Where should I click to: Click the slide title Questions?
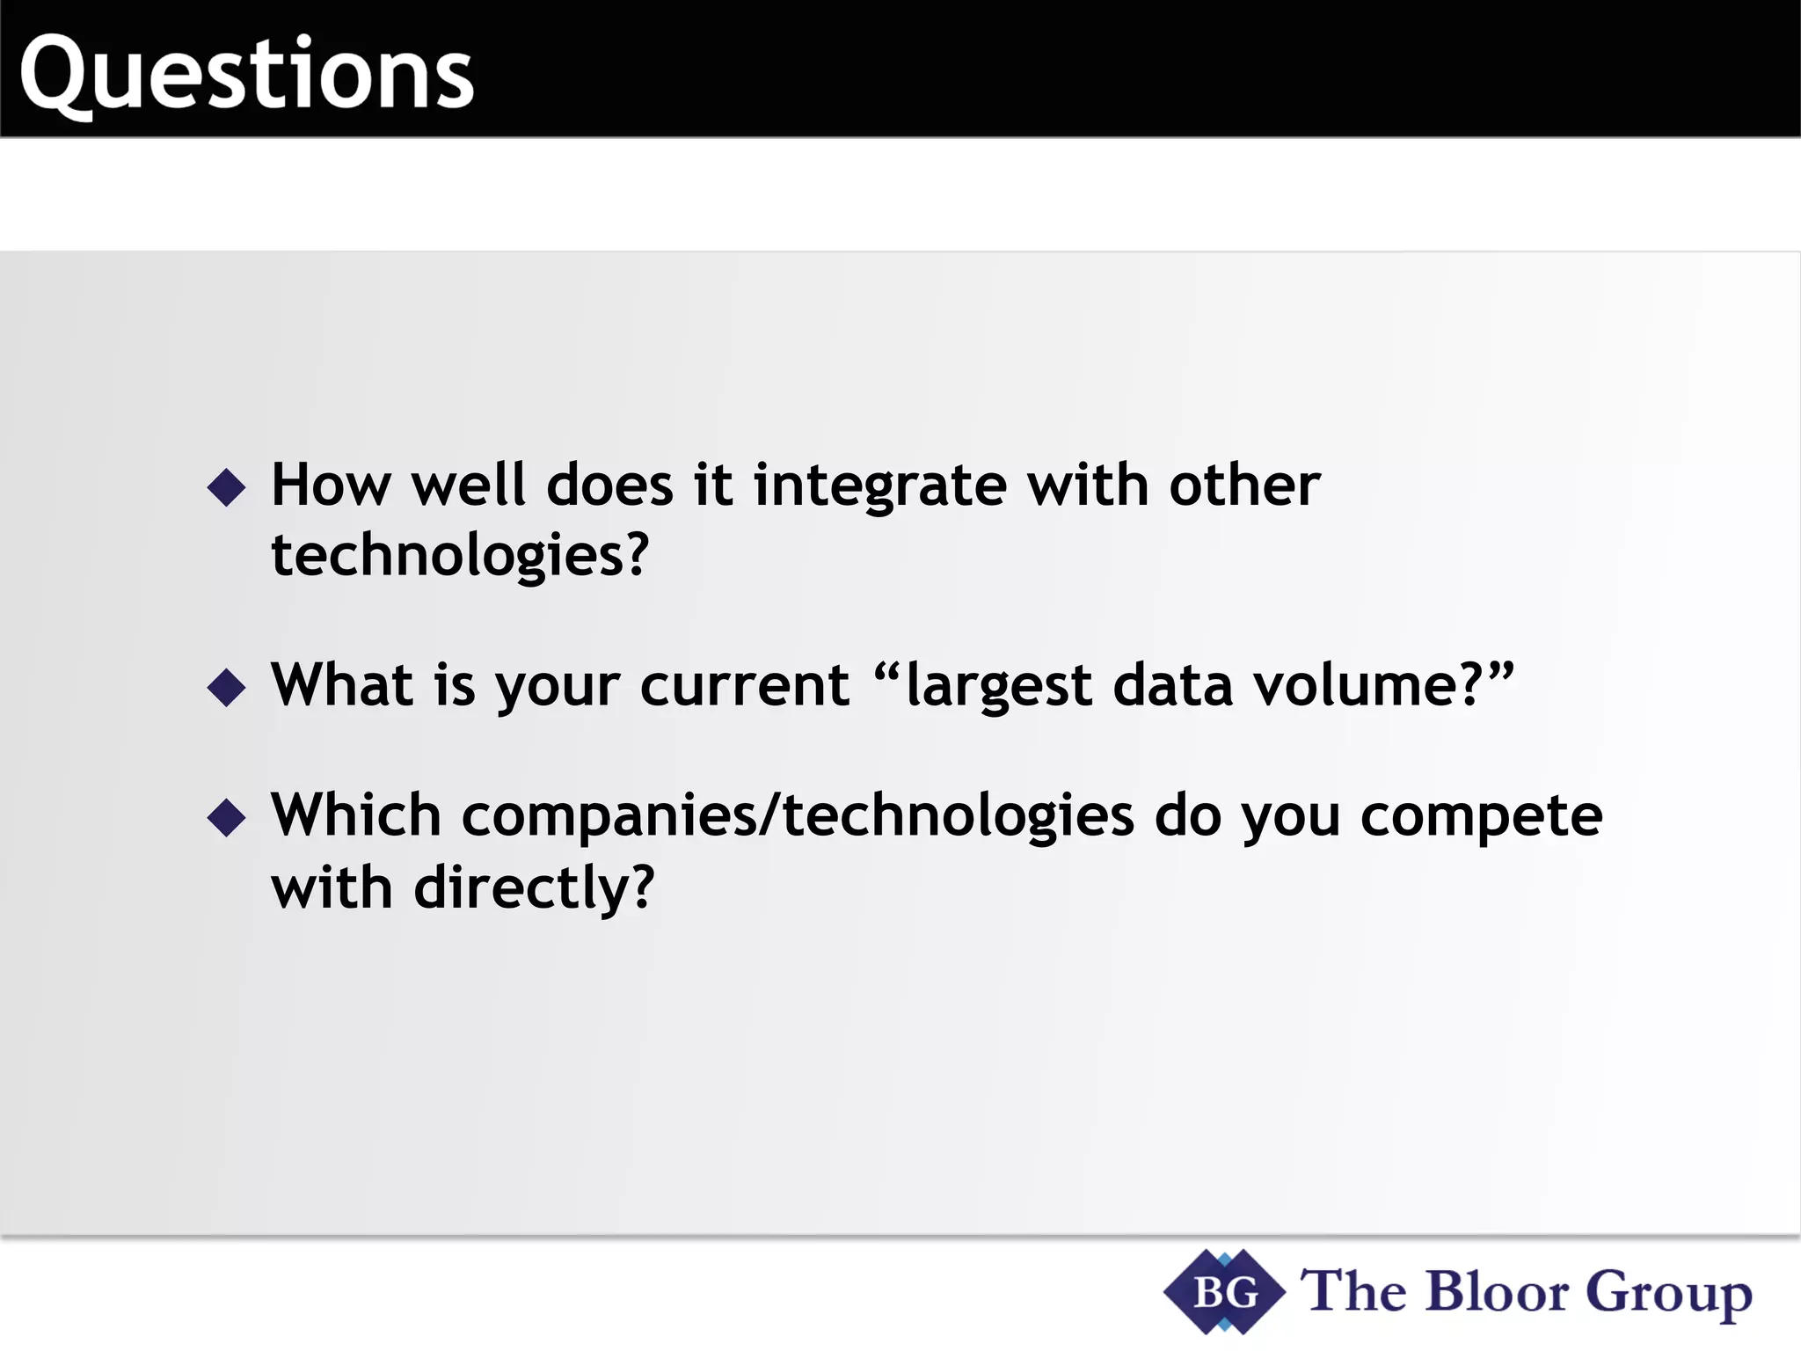coord(246,75)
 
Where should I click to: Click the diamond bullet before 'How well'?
coord(227,486)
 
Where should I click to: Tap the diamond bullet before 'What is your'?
coord(227,687)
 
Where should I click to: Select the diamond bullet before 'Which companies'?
coord(227,817)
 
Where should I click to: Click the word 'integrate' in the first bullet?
coord(879,486)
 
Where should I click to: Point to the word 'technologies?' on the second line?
coord(459,557)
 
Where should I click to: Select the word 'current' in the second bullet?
coord(744,687)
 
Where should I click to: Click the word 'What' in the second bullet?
coord(342,685)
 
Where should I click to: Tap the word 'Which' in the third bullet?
coord(355,815)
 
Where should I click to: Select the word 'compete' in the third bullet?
coord(1481,817)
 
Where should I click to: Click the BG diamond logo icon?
coord(1224,1292)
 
